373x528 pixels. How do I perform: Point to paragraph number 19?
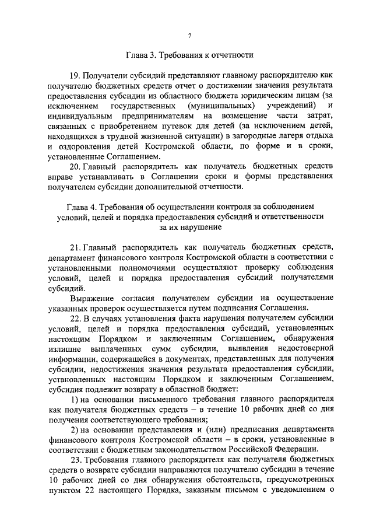point(75,75)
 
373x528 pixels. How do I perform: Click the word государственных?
point(143,106)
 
